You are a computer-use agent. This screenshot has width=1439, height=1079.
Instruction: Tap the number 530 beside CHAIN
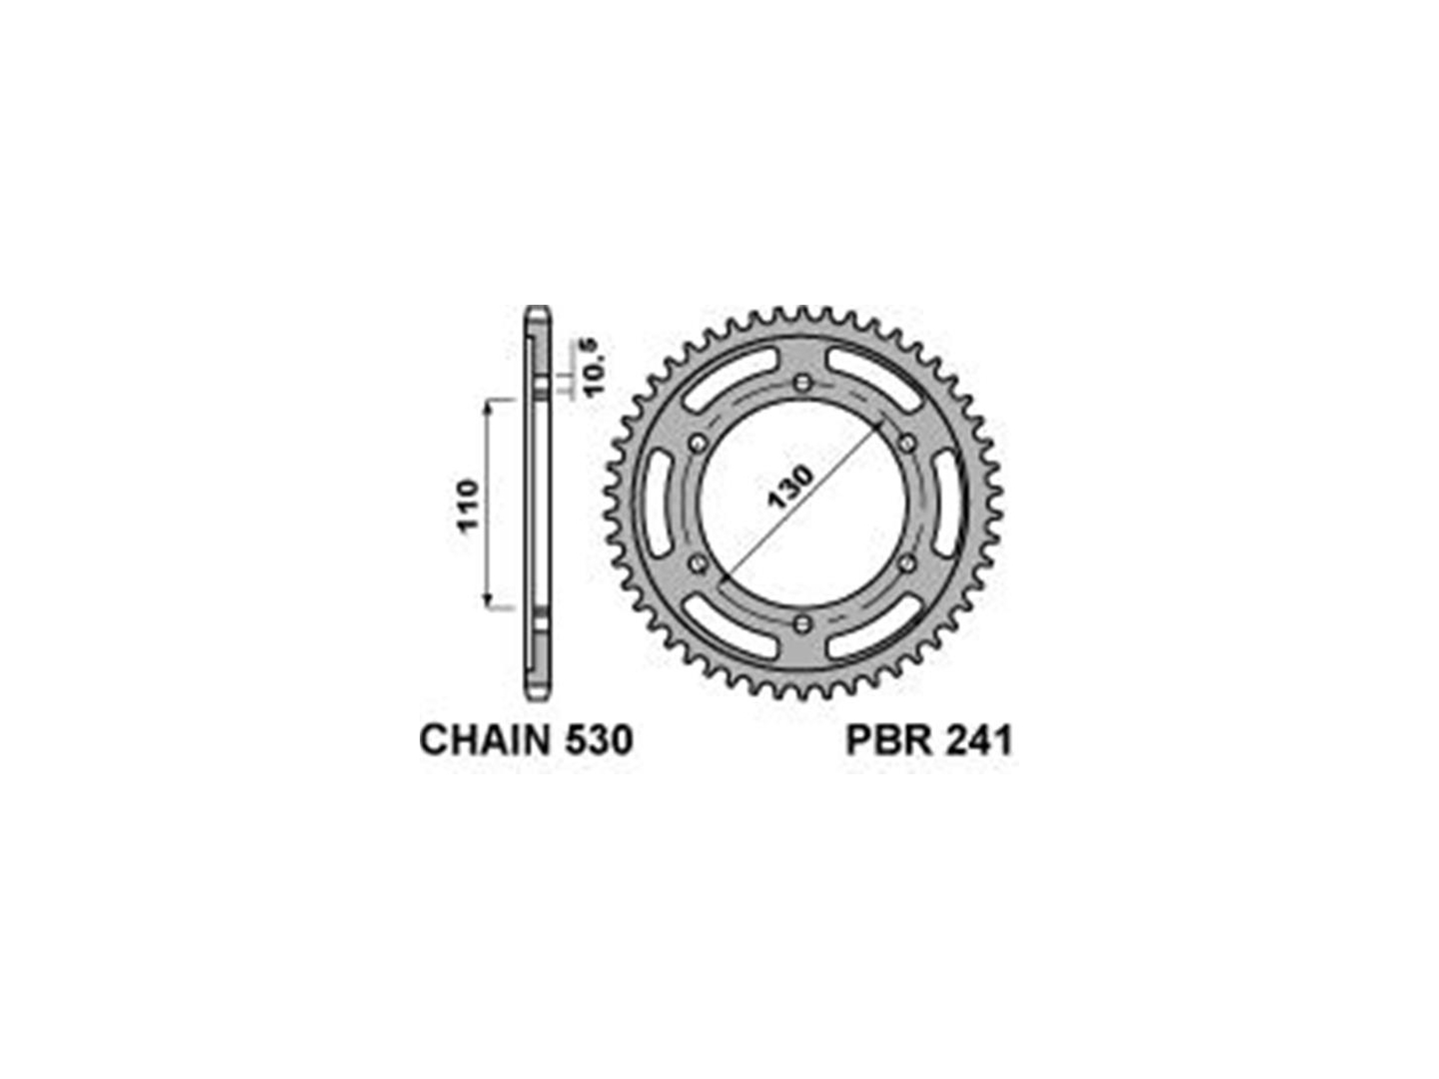click(x=598, y=740)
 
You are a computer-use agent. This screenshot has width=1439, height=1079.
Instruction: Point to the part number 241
click(x=976, y=741)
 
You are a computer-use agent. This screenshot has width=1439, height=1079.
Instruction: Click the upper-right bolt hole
click(x=906, y=444)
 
